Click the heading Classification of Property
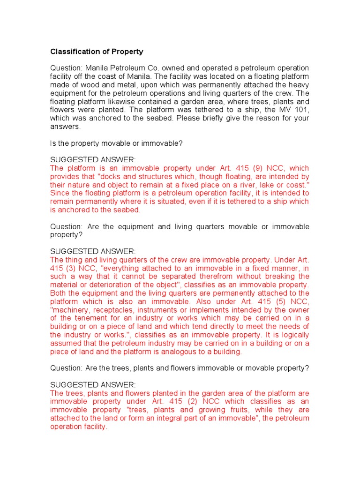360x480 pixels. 97,52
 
